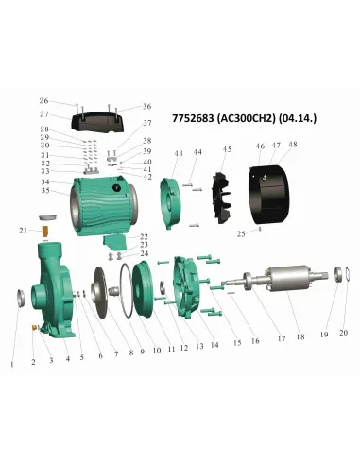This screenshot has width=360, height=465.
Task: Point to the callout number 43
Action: click(x=178, y=153)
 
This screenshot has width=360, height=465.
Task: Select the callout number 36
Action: click(x=146, y=107)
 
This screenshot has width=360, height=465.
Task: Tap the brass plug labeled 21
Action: click(x=43, y=230)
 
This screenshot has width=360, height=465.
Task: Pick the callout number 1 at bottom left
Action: click(x=12, y=362)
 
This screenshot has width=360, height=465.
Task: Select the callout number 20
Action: click(x=343, y=333)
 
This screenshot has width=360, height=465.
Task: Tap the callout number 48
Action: click(x=293, y=145)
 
